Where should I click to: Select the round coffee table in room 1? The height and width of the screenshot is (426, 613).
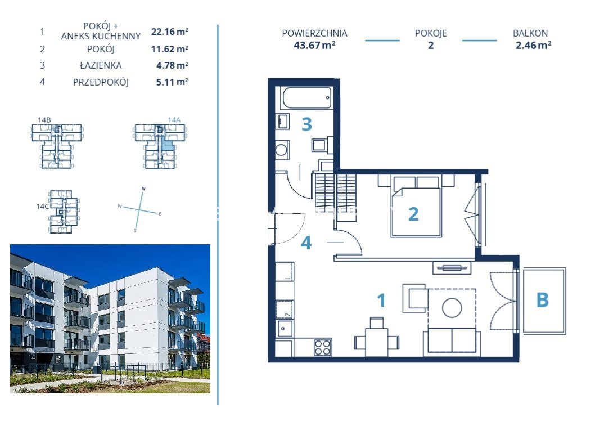[x=452, y=308]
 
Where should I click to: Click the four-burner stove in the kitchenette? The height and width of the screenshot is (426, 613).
[x=323, y=347]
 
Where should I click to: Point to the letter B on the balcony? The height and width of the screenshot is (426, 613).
[x=542, y=300]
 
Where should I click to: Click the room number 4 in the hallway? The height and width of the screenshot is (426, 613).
[x=306, y=243]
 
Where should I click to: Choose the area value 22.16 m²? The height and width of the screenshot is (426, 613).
[x=170, y=32]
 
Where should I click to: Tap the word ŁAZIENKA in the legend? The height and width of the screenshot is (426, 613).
[x=101, y=65]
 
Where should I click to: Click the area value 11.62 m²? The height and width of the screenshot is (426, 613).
[x=170, y=49]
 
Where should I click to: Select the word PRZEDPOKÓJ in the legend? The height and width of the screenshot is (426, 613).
[x=101, y=82]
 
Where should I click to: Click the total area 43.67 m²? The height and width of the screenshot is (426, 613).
[x=314, y=45]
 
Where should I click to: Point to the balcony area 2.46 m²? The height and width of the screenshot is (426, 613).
[x=533, y=45]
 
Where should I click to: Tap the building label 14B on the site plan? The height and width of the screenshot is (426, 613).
[x=44, y=120]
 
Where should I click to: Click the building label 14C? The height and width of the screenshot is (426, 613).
[x=43, y=206]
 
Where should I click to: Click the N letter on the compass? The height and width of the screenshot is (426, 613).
[x=143, y=189]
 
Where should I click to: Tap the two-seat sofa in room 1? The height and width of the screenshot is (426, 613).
[x=452, y=342]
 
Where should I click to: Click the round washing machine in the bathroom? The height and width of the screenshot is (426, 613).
[x=281, y=150]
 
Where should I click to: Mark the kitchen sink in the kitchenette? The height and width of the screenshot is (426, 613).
[x=284, y=328]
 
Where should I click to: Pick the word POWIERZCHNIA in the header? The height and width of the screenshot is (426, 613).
[x=314, y=33]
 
